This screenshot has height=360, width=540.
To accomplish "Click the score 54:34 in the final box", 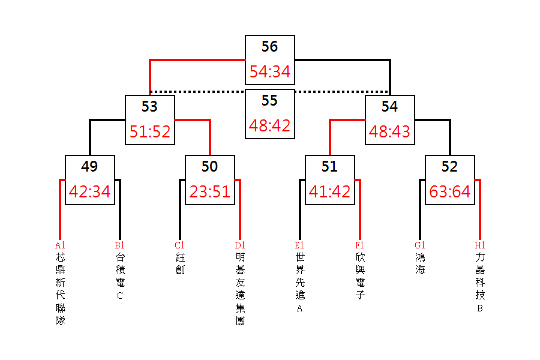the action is pos(269,71).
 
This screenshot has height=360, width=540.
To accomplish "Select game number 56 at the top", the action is pos(269,47).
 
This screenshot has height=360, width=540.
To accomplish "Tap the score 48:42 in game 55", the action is pos(269,126).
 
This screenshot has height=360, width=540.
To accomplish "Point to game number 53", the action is pos(149,106).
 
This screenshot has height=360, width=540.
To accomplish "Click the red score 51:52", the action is pos(150,131).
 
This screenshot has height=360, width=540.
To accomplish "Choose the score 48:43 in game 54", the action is pos(389,131).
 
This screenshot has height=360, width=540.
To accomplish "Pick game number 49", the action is pos(89,166).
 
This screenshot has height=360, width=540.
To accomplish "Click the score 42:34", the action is pos(89,191).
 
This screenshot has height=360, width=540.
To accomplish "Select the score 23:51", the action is pos(210,191).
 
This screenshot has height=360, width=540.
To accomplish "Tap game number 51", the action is pos(329,166).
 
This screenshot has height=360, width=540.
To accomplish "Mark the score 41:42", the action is pos(329,191).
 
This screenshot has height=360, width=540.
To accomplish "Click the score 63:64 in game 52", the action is pos(450,191).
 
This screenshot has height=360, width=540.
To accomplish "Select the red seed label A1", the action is pos(60,245).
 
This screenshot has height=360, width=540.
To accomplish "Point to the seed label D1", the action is pos(240,245).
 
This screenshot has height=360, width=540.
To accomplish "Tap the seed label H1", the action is pos(480,245).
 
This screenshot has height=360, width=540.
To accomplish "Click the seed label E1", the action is pos(299,245).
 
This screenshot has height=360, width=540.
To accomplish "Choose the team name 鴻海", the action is pos(420,263).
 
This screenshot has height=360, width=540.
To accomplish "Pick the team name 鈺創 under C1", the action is pos(180,263).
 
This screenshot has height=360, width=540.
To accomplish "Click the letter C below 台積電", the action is pos(120,296).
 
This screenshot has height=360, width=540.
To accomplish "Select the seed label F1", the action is pos(359,245).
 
